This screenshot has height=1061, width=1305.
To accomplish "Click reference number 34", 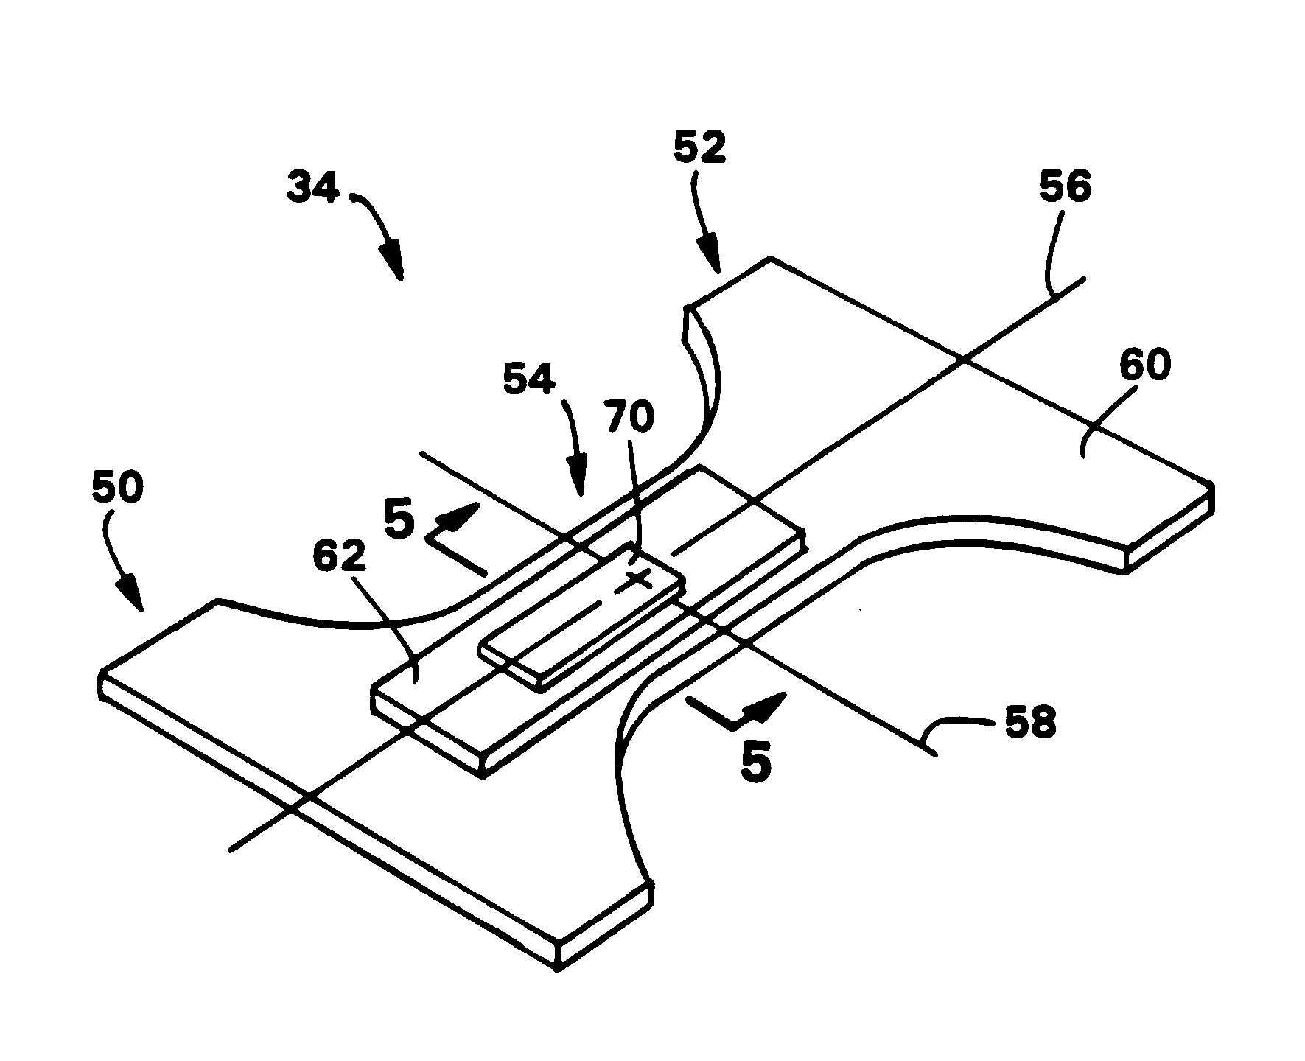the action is [313, 189].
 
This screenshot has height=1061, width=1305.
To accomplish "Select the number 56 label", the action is [1065, 188].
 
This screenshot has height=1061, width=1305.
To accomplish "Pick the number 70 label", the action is [629, 418].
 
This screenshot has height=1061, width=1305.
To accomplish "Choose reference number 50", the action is [118, 488].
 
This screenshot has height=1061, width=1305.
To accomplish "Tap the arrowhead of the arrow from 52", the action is [709, 255].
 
